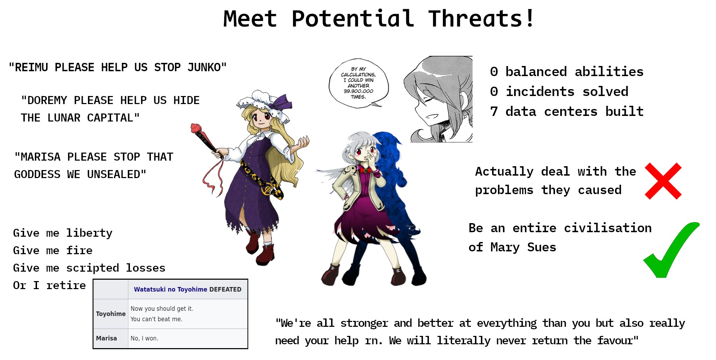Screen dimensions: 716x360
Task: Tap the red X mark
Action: [x=663, y=181]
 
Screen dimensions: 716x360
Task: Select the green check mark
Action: [x=671, y=250]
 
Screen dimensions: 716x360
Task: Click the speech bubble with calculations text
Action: [x=358, y=83]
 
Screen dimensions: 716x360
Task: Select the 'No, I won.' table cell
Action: [x=144, y=338]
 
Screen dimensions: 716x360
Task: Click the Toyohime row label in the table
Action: [x=111, y=314]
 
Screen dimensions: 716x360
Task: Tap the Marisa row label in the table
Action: [x=107, y=338]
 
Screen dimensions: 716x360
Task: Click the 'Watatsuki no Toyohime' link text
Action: [x=170, y=289]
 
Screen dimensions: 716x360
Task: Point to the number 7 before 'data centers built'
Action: [x=494, y=111]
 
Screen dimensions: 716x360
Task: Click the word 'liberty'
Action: [x=89, y=233]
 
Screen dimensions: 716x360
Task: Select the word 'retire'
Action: [x=66, y=285]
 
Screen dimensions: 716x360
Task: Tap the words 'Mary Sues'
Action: [x=523, y=247]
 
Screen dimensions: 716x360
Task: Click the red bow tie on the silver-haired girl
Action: [x=365, y=171]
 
